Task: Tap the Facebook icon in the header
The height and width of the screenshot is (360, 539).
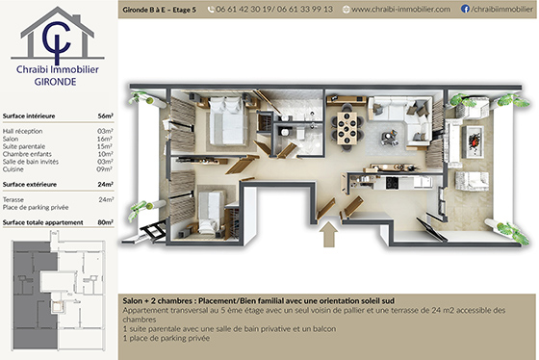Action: [466, 9]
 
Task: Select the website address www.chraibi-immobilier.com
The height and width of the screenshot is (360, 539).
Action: [400, 9]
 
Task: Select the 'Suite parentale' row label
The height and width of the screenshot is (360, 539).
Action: [26, 145]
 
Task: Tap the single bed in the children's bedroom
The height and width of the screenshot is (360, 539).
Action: [214, 208]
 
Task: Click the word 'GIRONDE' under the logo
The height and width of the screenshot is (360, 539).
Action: [58, 81]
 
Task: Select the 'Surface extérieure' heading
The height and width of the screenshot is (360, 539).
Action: [31, 184]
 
